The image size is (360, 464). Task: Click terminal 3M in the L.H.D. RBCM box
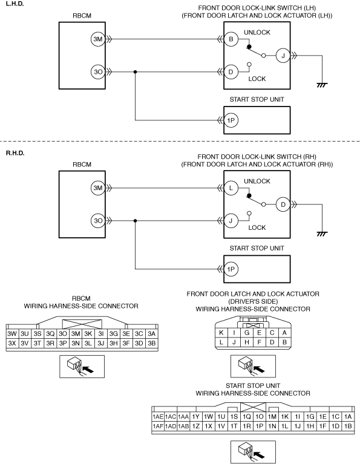pos(98,39)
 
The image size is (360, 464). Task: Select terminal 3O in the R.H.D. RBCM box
pos(98,220)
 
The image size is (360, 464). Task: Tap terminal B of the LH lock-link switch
pos(231,39)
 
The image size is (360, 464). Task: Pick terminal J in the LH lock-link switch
pos(283,56)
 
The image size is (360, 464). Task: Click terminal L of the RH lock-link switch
pos(231,188)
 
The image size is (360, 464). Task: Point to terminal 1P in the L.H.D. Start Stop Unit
pos(231,120)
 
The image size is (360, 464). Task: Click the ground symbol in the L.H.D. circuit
pos(322,85)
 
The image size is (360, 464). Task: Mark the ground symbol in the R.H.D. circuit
pos(322,234)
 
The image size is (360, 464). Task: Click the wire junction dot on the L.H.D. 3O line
pos(136,72)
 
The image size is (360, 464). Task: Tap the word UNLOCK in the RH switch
pos(257,181)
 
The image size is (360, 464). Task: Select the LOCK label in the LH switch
pos(257,79)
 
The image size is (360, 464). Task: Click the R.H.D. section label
pos(15,153)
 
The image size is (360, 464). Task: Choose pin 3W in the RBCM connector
pos(12,334)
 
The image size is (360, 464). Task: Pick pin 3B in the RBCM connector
pos(152,343)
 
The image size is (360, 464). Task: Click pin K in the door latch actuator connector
pos(221,333)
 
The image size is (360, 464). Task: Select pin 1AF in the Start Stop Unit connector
pos(158,426)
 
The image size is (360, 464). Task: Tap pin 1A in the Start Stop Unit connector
pos(348,417)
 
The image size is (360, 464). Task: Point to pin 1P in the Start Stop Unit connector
pos(260,426)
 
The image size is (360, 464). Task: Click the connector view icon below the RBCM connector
pos(82,367)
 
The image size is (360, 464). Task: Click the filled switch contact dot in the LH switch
pos(249,47)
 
